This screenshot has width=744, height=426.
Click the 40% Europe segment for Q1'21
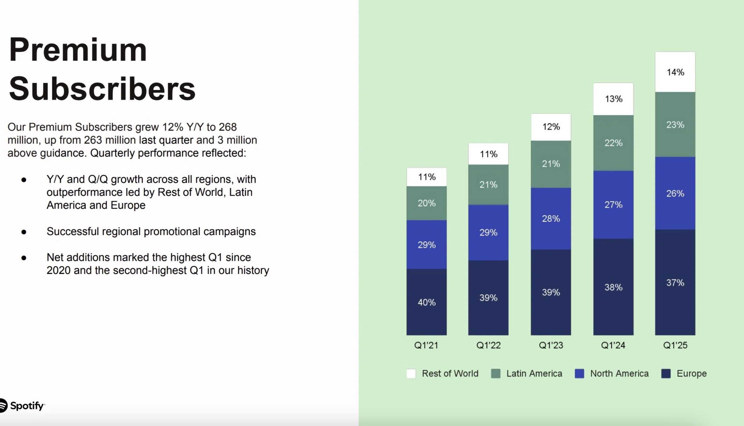tap(427, 302)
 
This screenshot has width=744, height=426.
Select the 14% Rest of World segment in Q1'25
tap(675, 72)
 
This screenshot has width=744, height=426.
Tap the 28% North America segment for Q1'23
tap(551, 218)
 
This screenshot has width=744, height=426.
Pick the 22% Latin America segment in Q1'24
tap(613, 143)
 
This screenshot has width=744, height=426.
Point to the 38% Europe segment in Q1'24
tap(613, 287)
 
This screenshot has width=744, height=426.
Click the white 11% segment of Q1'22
tap(488, 154)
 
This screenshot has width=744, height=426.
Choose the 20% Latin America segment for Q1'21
tap(427, 203)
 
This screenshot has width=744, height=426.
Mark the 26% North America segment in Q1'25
tap(675, 193)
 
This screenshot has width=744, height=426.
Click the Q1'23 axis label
tap(551, 345)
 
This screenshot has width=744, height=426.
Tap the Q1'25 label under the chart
tap(675, 345)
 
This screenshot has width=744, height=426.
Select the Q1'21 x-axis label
tap(426, 345)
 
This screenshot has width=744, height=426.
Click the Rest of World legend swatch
tap(411, 374)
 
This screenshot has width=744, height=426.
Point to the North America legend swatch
tap(579, 374)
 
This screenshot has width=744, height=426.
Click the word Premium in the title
tap(78, 50)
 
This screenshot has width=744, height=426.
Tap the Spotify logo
tap(22, 406)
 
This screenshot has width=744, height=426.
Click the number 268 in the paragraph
tap(228, 127)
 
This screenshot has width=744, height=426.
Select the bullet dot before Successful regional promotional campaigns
tap(24, 232)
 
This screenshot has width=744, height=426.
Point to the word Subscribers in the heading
tap(102, 89)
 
